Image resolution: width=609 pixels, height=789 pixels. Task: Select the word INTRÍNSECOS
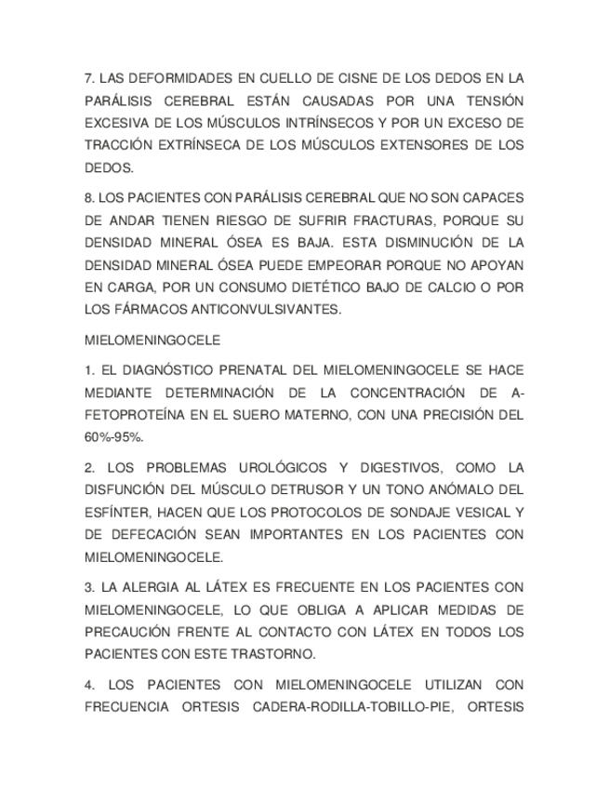[328, 123]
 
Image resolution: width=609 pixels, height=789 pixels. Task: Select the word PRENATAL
[252, 370]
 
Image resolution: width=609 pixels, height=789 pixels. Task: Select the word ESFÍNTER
[116, 513]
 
